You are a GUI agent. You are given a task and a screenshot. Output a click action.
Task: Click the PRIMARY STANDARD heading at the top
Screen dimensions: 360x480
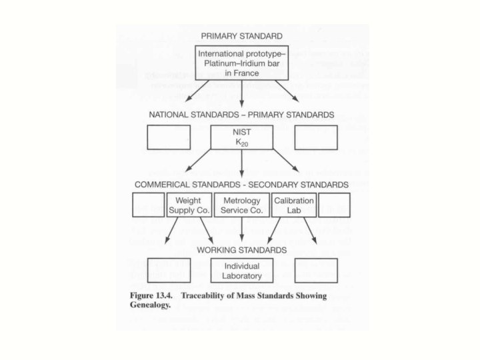[x=241, y=35]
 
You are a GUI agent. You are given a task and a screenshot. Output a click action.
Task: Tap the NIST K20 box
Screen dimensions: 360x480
[x=241, y=137]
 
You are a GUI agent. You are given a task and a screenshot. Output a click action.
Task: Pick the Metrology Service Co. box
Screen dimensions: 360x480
[x=241, y=205]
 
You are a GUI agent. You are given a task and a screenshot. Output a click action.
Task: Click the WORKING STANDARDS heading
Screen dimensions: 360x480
[x=241, y=250]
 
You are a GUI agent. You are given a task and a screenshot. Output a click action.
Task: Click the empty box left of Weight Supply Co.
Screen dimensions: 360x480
[x=147, y=205]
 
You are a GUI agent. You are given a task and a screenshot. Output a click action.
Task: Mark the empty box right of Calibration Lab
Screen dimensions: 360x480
[x=335, y=205]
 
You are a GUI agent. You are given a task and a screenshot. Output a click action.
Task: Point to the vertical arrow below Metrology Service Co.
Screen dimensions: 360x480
[x=241, y=231]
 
